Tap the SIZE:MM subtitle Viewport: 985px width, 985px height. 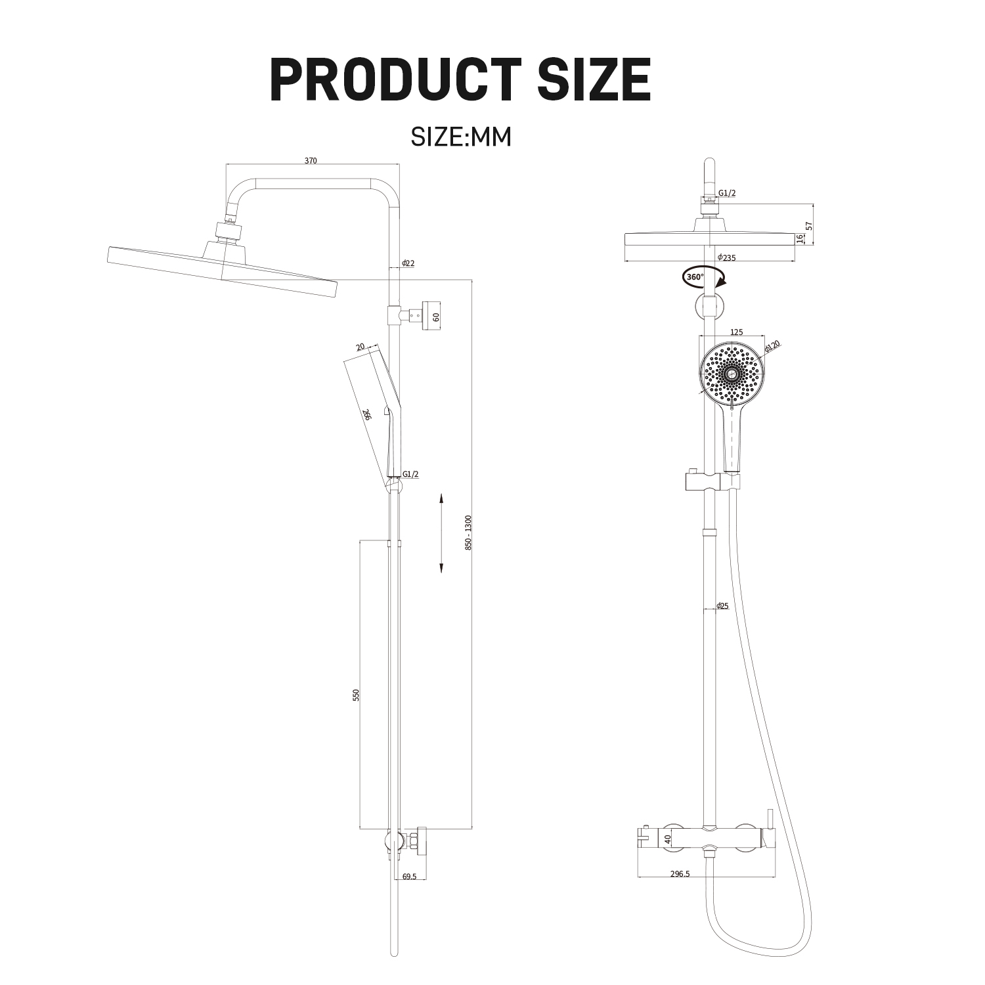pyautogui.click(x=460, y=137)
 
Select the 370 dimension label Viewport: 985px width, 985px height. pyautogui.click(x=311, y=161)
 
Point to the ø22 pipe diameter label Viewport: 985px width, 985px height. pyautogui.click(x=408, y=263)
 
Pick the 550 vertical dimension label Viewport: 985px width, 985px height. pyautogui.click(x=356, y=695)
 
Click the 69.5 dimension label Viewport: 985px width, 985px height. pyautogui.click(x=409, y=876)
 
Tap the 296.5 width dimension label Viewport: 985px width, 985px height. pyautogui.click(x=680, y=873)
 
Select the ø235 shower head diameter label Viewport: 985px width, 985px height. pyautogui.click(x=726, y=257)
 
